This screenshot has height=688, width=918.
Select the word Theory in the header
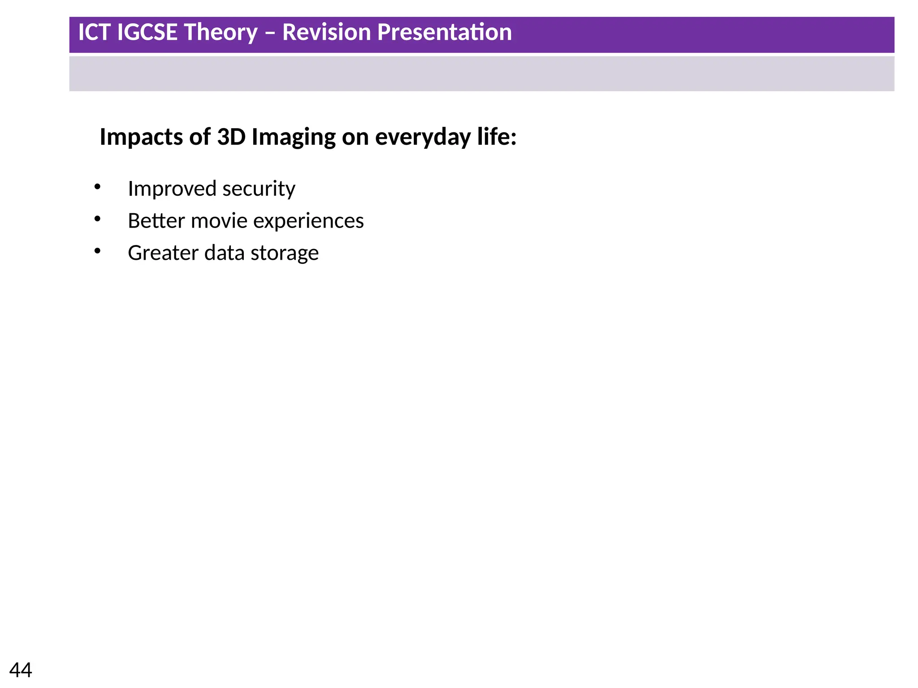click(x=221, y=33)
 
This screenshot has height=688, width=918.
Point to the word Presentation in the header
click(x=444, y=32)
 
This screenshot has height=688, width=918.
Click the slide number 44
click(x=21, y=670)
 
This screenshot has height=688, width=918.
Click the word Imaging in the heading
click(x=294, y=138)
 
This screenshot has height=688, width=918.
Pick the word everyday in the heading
click(x=423, y=138)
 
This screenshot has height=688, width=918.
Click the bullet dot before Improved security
click(x=97, y=187)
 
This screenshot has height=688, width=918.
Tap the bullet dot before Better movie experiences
click(x=97, y=219)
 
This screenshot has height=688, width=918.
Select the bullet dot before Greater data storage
click(x=97, y=251)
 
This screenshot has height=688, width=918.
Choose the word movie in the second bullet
click(x=219, y=221)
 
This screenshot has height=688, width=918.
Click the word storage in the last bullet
click(x=285, y=254)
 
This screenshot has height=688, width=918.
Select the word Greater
click(x=163, y=253)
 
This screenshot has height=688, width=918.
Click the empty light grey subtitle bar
click(x=481, y=74)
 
